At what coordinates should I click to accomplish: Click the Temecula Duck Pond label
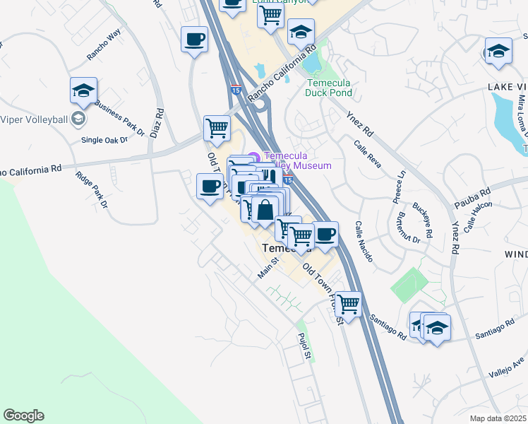[x=328, y=87]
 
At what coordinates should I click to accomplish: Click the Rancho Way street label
[x=104, y=47]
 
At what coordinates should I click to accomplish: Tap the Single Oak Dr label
[x=104, y=140]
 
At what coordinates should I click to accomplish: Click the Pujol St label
[x=304, y=348]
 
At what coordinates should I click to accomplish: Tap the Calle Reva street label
[x=368, y=153]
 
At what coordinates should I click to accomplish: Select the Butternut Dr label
[x=408, y=230]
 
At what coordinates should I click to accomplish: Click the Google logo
[x=23, y=416]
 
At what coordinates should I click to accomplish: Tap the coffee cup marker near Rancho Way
[x=194, y=40]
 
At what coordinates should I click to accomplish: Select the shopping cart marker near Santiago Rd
[x=348, y=305]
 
